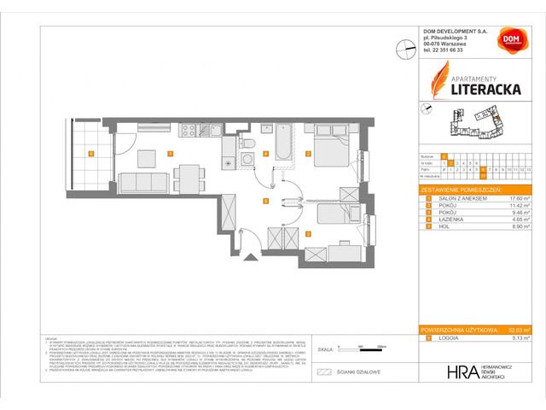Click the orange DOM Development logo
[511, 39]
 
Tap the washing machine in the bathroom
[247, 159]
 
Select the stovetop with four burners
[189, 132]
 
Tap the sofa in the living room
[141, 182]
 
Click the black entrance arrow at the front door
[251, 255]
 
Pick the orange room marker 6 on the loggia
[90, 154]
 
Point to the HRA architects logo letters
[462, 372]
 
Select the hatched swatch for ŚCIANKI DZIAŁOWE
[324, 372]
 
